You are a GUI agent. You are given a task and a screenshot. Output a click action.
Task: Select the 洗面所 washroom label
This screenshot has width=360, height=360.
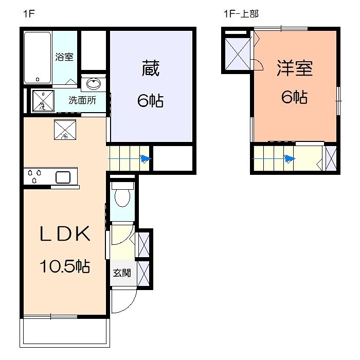click(82, 100)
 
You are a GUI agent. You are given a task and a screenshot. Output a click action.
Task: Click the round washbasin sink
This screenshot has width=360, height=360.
click(94, 84)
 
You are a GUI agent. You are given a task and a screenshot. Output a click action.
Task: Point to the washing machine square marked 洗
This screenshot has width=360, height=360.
click(43, 101)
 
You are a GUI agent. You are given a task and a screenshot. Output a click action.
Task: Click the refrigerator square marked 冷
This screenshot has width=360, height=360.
click(65, 130)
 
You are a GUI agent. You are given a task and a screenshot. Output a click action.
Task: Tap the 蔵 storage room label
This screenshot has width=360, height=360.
click(150, 69)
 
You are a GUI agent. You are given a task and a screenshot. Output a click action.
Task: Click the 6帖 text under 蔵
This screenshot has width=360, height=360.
click(150, 101)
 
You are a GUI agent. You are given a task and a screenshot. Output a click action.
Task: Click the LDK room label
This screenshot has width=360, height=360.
click(65, 234)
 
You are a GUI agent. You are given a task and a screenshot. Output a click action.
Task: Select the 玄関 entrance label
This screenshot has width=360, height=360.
click(122, 273)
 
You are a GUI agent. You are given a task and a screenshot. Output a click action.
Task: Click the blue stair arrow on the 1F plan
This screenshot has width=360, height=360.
click(146, 159)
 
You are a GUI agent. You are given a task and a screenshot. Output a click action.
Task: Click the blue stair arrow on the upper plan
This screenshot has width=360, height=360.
click(291, 159)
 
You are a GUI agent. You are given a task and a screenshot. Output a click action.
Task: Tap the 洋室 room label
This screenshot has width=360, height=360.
click(295, 68)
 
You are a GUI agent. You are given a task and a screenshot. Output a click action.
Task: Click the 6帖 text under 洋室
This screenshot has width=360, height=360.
click(294, 97)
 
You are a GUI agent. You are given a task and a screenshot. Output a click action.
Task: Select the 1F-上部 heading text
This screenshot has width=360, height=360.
click(240, 14)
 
